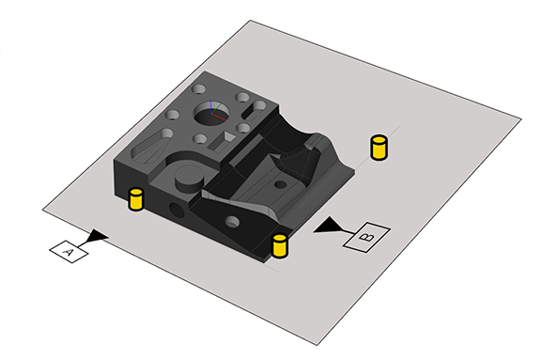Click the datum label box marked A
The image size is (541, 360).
69,251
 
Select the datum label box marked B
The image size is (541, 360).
366,237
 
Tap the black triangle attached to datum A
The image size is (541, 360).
96,237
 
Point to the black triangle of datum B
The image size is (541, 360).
328,226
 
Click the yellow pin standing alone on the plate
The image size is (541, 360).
379,148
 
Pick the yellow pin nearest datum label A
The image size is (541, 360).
136,199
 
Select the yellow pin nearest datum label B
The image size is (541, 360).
280,245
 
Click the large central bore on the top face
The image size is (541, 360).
212,113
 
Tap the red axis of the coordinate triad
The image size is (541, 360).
219,117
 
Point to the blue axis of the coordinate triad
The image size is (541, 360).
210,106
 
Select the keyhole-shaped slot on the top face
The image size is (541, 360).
254,110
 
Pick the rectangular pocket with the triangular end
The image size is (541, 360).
222,141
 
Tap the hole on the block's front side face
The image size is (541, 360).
177,211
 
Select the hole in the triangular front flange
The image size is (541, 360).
232,222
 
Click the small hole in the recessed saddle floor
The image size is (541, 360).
280,184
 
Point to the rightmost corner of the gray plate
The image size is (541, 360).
521,119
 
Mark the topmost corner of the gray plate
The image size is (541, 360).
250,21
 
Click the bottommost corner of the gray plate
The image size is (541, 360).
317,345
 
